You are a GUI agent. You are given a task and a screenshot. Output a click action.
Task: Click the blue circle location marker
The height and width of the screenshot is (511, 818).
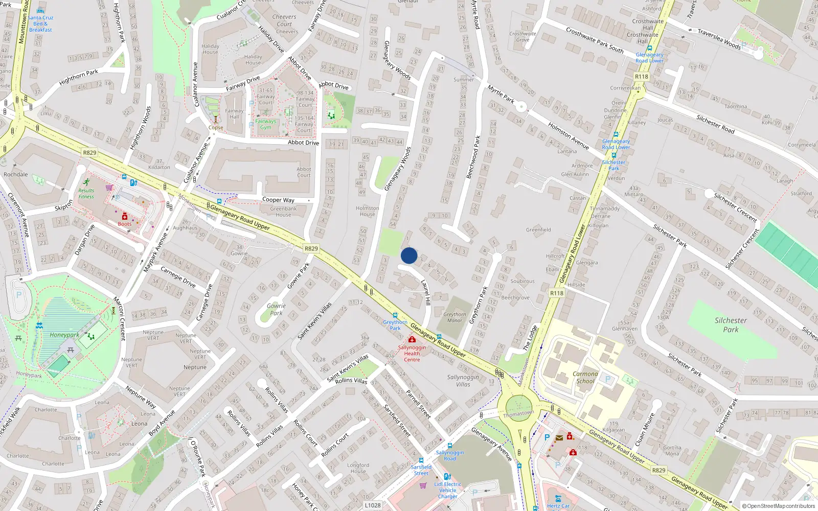pyautogui.click(x=409, y=255)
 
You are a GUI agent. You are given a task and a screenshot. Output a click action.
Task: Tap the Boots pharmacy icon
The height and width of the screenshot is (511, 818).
pyautogui.click(x=124, y=217)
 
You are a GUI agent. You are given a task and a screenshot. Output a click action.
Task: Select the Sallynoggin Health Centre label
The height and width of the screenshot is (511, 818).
pyautogui.click(x=412, y=353)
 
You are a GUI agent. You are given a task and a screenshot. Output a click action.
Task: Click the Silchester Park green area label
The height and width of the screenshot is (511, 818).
pyautogui.click(x=731, y=325)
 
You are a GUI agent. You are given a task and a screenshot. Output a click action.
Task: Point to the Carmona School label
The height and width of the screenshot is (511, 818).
pyautogui.click(x=585, y=377)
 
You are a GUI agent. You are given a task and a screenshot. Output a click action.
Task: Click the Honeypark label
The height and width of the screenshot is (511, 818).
pyautogui.click(x=64, y=335)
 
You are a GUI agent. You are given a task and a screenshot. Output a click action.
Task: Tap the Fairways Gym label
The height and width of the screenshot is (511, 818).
pyautogui.click(x=265, y=124)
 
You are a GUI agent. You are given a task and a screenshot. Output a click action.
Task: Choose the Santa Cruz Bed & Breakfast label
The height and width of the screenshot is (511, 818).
pyautogui.click(x=40, y=24)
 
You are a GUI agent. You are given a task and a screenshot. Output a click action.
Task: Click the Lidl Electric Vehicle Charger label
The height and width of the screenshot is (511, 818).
pyautogui.click(x=447, y=490)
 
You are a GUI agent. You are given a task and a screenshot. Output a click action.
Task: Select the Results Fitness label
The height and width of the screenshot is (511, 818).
pyautogui.click(x=86, y=193)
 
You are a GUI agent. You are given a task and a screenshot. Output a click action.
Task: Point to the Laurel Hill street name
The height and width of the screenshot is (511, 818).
pyautogui.click(x=425, y=292)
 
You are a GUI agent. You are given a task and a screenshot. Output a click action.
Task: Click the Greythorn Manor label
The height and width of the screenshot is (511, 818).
pyautogui.click(x=455, y=317)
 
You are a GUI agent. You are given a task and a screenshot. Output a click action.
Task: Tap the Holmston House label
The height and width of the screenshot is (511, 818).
pyautogui.click(x=367, y=211)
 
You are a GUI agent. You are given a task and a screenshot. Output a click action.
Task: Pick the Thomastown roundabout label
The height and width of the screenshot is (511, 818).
pyautogui.click(x=518, y=413)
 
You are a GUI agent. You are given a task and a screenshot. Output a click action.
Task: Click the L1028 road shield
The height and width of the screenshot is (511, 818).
pyautogui.click(x=373, y=505)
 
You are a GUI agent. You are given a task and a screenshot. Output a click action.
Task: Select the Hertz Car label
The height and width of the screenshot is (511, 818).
pyautogui.click(x=558, y=506)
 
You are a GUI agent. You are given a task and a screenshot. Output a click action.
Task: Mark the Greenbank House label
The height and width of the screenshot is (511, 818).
pyautogui.click(x=283, y=212)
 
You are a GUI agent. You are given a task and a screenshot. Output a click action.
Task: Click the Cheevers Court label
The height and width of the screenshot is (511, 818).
pyautogui.click(x=284, y=20)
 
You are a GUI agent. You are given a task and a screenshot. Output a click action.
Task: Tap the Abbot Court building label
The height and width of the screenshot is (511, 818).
pyautogui.click(x=304, y=172)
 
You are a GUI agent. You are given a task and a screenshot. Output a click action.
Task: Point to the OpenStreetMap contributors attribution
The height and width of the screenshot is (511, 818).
pyautogui.click(x=778, y=506)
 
